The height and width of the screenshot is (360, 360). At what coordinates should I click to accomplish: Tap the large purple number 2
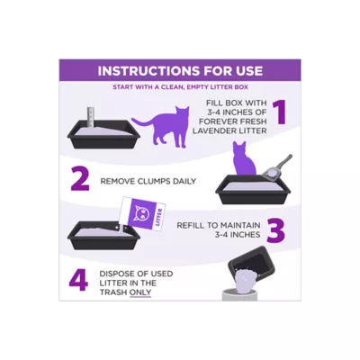point(80,179)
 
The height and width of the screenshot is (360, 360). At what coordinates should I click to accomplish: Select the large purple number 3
point(275,231)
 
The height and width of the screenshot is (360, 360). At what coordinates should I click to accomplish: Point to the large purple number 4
point(79,281)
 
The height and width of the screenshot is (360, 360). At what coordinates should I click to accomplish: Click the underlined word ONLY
point(140,292)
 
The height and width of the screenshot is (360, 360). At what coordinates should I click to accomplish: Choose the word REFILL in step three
point(192,225)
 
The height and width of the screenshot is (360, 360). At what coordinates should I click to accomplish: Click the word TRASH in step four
point(113,292)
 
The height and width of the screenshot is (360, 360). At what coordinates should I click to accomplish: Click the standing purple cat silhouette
point(164,126)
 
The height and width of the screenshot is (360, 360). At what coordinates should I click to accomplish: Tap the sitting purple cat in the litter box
point(245,159)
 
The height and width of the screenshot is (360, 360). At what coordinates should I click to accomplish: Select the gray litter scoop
point(276,170)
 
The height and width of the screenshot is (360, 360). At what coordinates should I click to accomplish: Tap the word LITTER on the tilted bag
point(160,218)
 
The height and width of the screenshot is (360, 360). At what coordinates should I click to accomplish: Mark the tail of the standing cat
point(142,122)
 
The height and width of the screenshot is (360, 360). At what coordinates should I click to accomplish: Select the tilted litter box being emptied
point(251,265)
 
